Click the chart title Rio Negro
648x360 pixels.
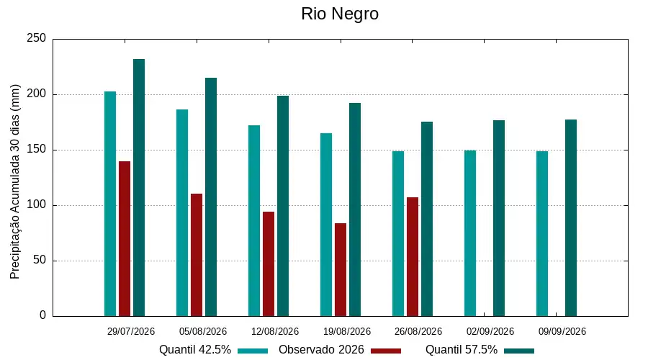(x=340, y=14)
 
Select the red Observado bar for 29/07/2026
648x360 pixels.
(x=125, y=239)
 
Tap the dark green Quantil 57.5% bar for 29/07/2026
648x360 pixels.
(x=139, y=188)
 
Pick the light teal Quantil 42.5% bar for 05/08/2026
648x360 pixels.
(x=182, y=213)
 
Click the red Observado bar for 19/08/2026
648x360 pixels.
(x=341, y=270)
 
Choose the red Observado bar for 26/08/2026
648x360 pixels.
(x=413, y=257)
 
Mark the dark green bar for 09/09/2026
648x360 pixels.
(x=571, y=218)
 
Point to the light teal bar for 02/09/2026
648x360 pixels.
(x=470, y=233)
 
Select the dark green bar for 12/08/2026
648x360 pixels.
(x=283, y=206)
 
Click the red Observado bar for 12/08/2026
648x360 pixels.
(x=269, y=264)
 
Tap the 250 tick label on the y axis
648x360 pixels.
(x=37, y=38)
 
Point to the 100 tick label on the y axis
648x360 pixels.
(x=37, y=204)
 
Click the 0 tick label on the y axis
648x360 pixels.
(x=42, y=315)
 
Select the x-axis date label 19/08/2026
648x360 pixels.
(x=347, y=331)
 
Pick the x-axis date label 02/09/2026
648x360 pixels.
(x=490, y=331)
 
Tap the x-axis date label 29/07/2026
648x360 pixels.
(x=130, y=331)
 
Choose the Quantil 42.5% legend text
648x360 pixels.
(x=195, y=350)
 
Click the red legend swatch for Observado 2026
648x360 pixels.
(x=386, y=351)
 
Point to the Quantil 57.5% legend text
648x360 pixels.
(x=462, y=350)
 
